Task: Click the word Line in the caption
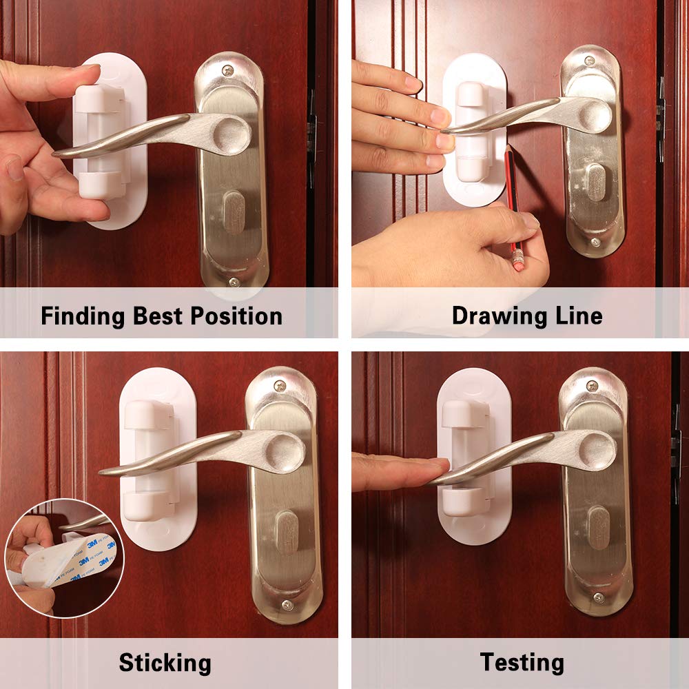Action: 579,316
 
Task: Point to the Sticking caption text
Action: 165,663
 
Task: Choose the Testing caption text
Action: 522,663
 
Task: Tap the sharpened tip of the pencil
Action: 507,147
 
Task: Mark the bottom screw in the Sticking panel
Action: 285,604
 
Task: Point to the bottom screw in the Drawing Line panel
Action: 593,242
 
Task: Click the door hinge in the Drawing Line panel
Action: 661,110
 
